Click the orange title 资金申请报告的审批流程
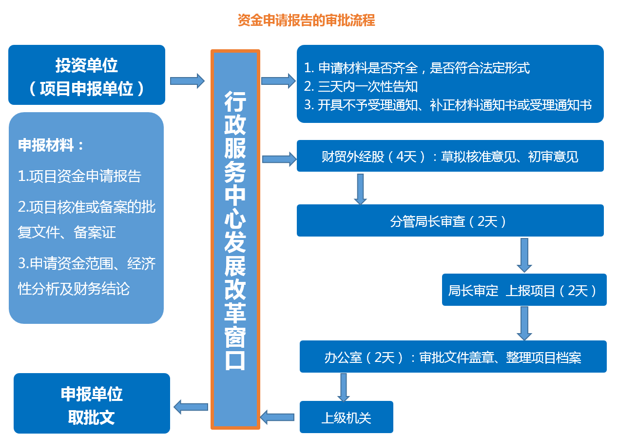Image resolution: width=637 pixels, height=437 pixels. coord(306,20)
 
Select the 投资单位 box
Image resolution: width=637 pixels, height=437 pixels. coord(87,75)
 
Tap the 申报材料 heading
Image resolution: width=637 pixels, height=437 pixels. coord(51,145)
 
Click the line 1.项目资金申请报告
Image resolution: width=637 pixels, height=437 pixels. coord(79,176)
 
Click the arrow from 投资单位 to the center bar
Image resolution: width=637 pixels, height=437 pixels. coord(187,81)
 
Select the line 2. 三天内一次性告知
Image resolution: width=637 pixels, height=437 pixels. coord(361,86)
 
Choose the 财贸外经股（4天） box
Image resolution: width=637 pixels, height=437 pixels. coord(450,156)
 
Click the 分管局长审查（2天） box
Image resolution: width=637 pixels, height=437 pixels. coord(450,220)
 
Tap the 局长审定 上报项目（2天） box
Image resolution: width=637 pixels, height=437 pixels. coord(524,290)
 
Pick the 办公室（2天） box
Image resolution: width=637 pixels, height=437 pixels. coord(453,357)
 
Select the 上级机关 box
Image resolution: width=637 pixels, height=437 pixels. coord(347,417)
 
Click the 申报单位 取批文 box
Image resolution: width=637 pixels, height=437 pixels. coord(92,403)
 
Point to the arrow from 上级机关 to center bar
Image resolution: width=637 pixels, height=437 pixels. coord(277,417)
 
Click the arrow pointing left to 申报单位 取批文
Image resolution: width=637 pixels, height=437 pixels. coord(191,407)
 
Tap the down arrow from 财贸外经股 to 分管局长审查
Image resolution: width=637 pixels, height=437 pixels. coord(360,189)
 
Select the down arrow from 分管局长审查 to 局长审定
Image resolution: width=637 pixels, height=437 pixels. coord(524,255)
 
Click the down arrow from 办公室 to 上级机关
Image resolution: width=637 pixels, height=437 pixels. coord(344,387)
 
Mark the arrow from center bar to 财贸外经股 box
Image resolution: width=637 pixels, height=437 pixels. coord(279,159)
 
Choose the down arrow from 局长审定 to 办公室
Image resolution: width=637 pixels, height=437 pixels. coord(524,323)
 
